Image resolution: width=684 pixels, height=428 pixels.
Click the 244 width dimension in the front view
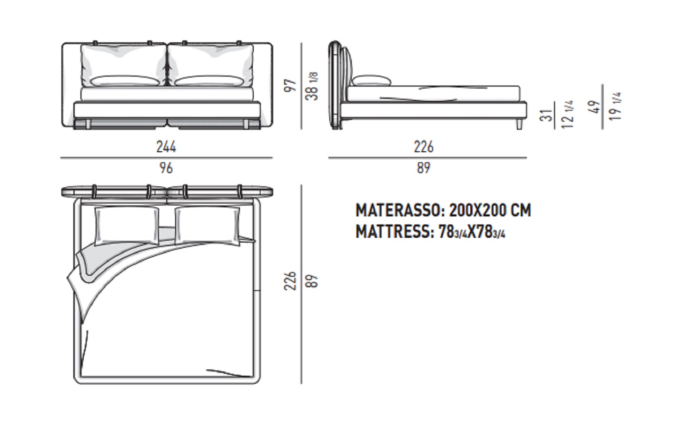[166, 147]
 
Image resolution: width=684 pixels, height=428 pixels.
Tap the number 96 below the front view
[166, 168]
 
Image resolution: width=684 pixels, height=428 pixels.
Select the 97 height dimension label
[290, 86]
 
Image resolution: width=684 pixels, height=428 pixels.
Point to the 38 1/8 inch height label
[312, 87]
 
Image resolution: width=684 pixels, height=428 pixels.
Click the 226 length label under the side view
[424, 147]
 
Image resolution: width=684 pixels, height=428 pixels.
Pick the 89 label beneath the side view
[424, 168]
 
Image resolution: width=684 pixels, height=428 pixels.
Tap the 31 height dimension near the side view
[546, 116]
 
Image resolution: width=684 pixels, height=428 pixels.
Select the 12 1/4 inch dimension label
[567, 114]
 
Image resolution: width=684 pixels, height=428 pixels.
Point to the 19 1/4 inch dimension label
[615, 106]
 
